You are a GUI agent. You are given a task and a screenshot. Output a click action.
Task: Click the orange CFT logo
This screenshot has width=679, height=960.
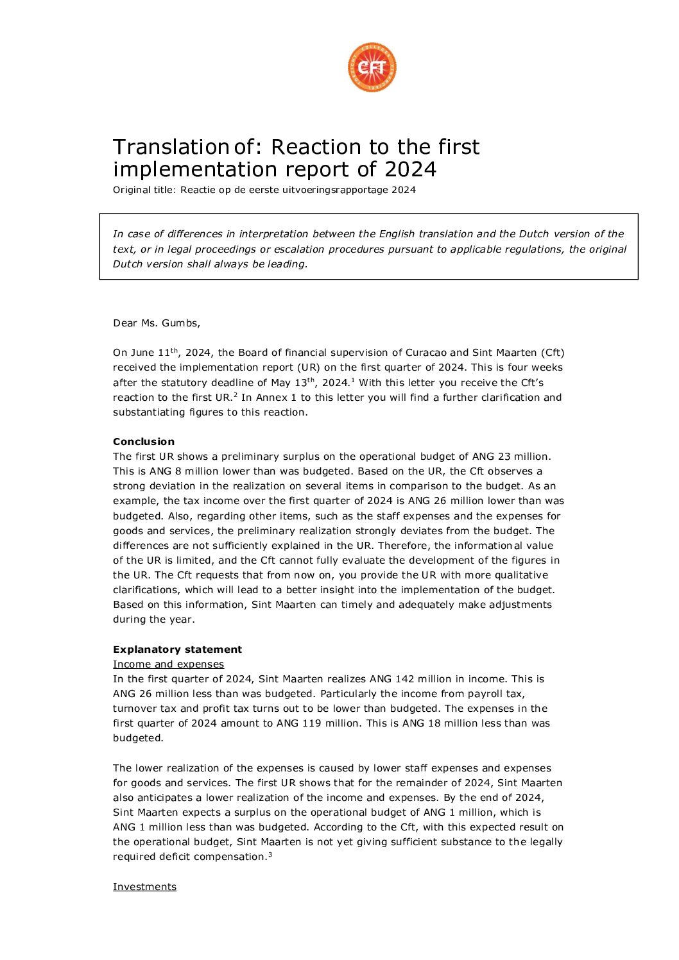point(372,67)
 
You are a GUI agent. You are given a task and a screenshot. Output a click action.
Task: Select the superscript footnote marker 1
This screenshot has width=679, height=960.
point(353,380)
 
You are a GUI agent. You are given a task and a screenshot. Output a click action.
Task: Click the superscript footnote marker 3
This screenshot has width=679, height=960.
point(270,854)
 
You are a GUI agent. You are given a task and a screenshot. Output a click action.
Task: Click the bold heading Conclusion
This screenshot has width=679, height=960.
point(144,442)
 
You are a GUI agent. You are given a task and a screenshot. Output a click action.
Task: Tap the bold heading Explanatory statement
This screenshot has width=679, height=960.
point(177,650)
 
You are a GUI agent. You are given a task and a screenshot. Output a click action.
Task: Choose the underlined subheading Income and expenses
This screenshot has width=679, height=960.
point(168,664)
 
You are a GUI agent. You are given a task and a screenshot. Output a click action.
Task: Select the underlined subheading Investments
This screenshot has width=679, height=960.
point(144,887)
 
